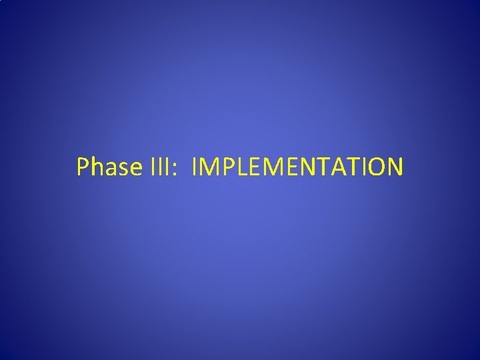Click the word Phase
point(106,167)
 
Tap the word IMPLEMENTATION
point(297,167)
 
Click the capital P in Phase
point(83,167)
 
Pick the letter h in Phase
point(97,167)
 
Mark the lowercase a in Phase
point(109,169)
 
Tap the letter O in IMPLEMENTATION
point(373,167)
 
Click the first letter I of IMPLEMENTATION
point(194,167)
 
